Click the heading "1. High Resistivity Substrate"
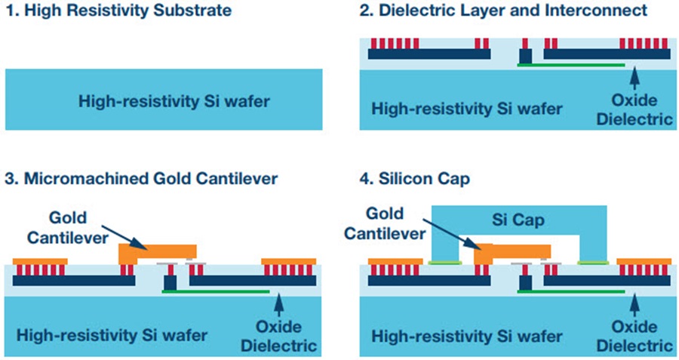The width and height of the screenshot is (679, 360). click(118, 11)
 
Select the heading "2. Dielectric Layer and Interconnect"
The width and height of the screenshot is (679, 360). click(503, 11)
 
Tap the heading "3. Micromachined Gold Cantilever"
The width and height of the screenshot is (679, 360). click(141, 178)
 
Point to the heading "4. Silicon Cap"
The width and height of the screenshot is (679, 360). click(414, 178)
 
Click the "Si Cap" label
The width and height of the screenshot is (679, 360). click(518, 220)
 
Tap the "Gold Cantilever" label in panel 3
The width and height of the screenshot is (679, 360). click(68, 227)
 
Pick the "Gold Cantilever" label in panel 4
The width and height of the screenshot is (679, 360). click(385, 223)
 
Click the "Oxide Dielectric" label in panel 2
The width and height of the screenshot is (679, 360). click(634, 109)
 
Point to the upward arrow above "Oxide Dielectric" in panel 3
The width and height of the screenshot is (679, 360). click(279, 305)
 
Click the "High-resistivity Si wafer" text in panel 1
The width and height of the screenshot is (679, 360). click(174, 101)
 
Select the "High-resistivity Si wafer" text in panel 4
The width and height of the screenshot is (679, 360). click(467, 336)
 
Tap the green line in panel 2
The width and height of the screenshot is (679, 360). click(571, 65)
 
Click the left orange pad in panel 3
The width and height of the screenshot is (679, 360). click(40, 262)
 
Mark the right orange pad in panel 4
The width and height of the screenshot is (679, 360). click(644, 262)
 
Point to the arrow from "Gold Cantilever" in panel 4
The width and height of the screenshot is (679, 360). click(450, 235)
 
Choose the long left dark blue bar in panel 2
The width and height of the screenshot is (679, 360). click(429, 54)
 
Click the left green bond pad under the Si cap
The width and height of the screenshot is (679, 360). click(444, 263)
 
